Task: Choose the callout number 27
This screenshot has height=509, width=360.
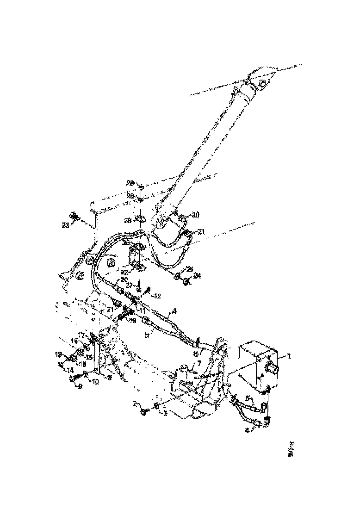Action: [x=129, y=286]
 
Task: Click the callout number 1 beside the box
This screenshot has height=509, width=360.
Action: [x=288, y=356]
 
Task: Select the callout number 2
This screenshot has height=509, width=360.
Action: [x=135, y=403]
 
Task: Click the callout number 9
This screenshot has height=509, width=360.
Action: [x=80, y=387]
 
